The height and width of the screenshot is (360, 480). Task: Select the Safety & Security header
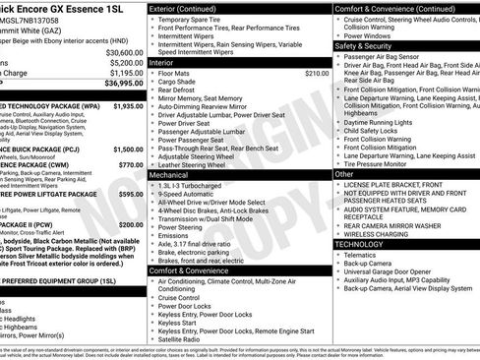362,46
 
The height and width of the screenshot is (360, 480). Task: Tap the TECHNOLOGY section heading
367,242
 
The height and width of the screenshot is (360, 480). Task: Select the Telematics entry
365,254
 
